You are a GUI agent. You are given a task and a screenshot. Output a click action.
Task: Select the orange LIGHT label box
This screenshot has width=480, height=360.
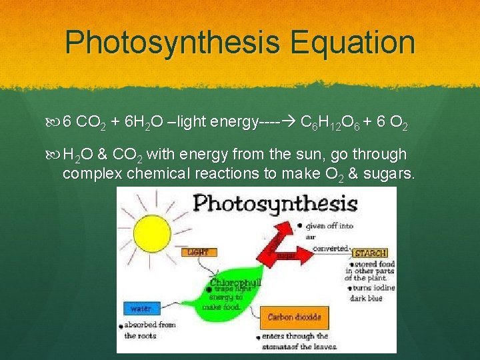click(x=199, y=252)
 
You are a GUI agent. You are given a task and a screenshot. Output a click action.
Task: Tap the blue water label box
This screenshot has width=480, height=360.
click(x=141, y=308)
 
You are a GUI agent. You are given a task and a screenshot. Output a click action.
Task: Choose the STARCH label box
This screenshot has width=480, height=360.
click(x=370, y=253)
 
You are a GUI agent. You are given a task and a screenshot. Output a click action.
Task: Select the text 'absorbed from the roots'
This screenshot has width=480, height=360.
click(x=148, y=330)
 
